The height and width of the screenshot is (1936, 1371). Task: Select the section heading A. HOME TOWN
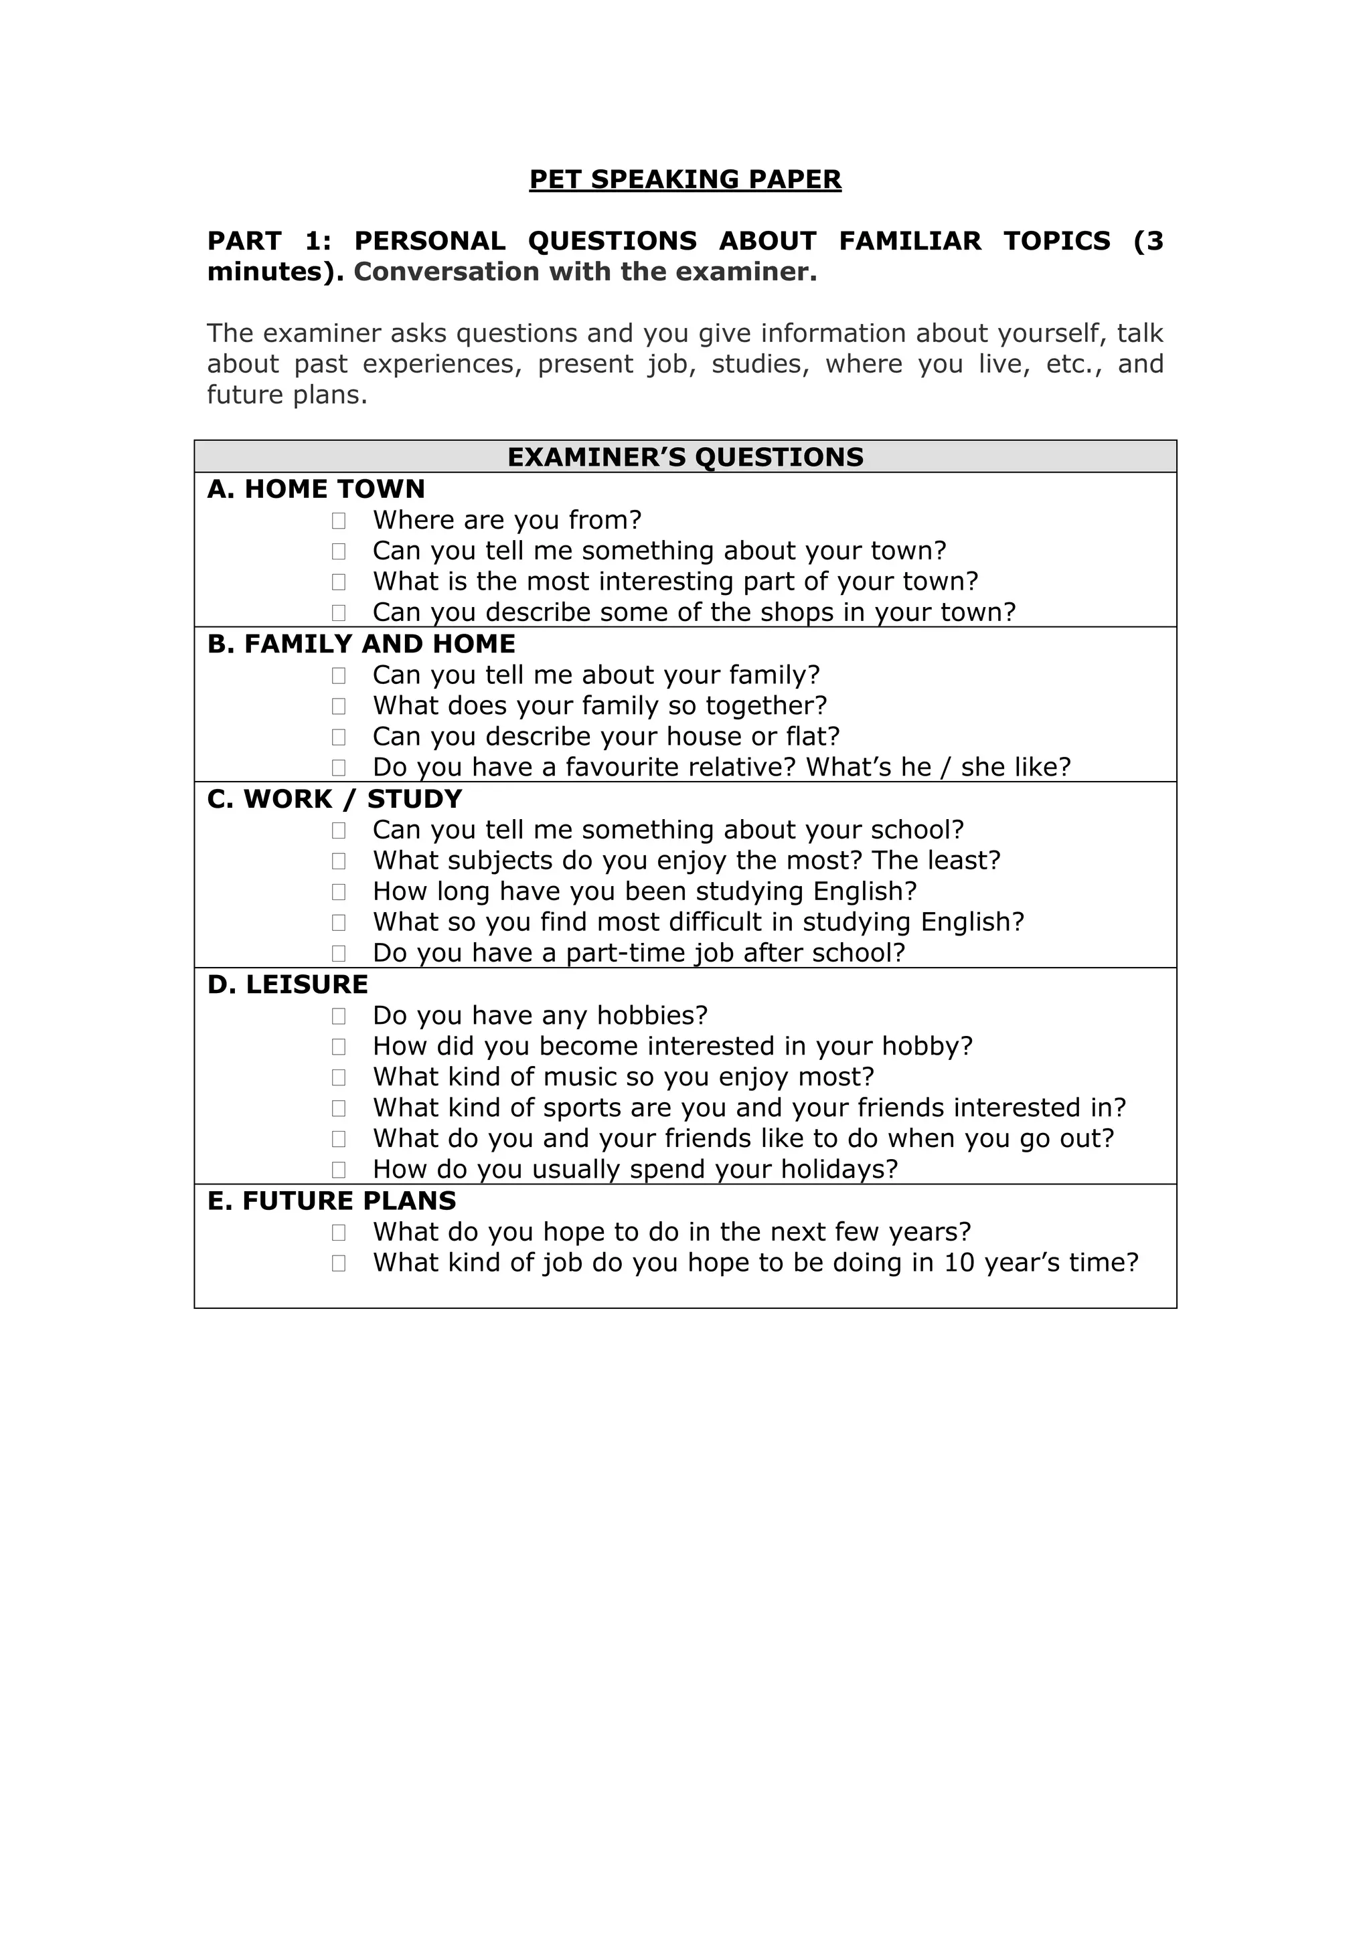316,489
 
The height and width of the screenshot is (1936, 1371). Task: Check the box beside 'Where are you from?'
339,521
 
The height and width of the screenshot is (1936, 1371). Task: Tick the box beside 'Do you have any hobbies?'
339,1016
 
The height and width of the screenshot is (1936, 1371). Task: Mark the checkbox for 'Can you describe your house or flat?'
339,737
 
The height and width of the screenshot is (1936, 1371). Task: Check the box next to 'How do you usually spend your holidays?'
339,1170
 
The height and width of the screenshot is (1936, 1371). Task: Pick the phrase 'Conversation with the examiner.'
585,272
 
